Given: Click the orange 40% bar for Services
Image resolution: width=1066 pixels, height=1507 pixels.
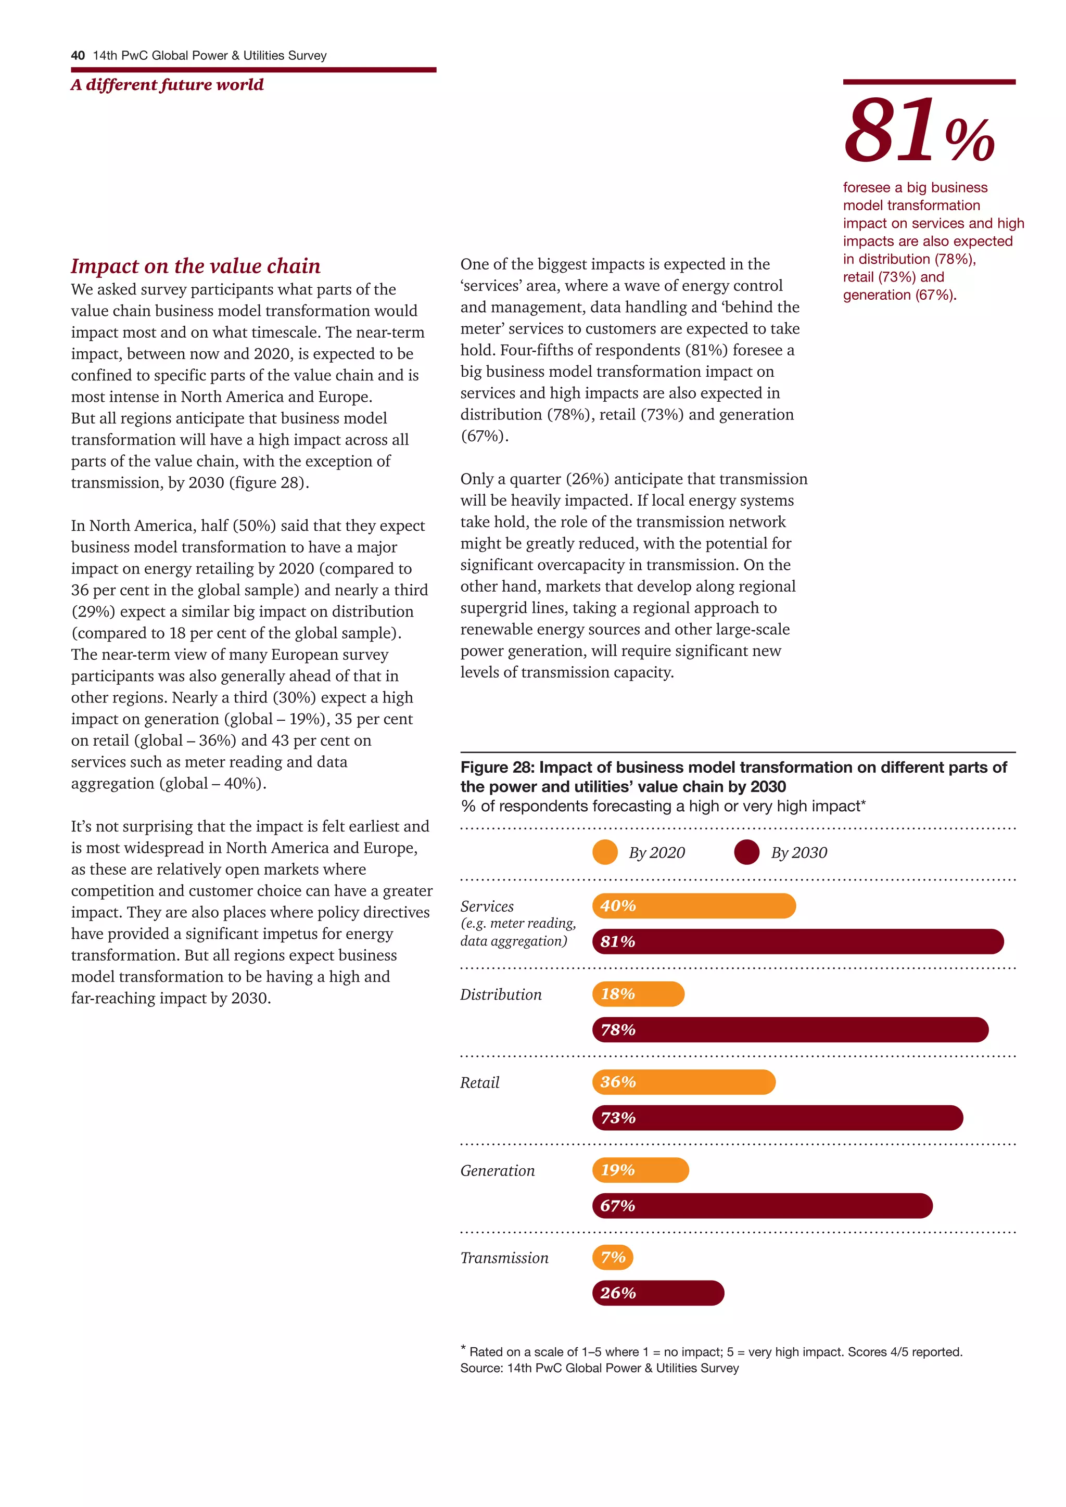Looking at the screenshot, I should click(x=694, y=906).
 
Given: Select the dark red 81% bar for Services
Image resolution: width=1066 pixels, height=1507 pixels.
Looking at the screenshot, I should click(x=797, y=941).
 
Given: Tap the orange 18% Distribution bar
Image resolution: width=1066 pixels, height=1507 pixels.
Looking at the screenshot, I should click(x=638, y=994).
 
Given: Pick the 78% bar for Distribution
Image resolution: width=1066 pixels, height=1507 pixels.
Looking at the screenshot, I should click(x=790, y=1029).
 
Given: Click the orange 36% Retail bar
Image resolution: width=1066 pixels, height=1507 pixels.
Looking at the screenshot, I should click(x=683, y=1082).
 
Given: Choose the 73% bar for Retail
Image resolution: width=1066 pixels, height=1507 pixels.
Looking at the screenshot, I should click(x=777, y=1117).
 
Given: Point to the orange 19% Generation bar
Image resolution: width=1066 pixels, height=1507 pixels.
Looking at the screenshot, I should click(x=640, y=1170).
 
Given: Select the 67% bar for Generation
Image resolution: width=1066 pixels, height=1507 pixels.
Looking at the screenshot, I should click(x=762, y=1206).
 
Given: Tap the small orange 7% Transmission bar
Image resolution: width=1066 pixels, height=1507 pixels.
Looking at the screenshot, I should click(x=613, y=1257).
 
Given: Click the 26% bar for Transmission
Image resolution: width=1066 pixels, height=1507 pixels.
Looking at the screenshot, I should click(x=658, y=1293).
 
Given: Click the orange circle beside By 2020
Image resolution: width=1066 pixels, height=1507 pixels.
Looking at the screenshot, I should click(x=604, y=852).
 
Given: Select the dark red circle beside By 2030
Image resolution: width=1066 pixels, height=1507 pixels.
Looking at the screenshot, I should click(x=746, y=852).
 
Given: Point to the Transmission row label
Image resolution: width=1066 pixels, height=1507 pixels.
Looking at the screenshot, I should click(x=504, y=1258).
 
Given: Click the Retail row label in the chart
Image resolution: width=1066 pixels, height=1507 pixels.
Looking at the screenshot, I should click(x=479, y=1082).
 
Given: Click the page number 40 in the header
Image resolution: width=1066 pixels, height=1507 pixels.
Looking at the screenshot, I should click(x=78, y=56).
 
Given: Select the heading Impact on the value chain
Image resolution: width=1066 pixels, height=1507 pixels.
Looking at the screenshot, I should click(x=196, y=266).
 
